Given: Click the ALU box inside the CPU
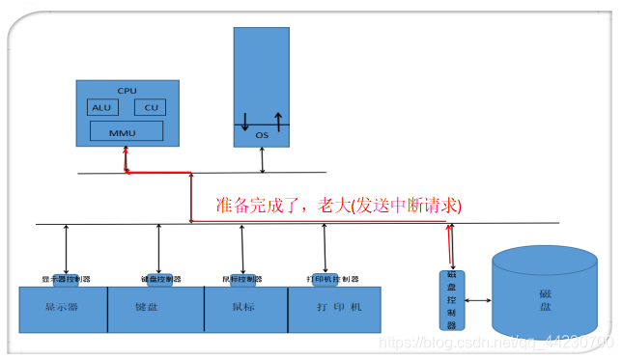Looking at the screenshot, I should click(x=100, y=107).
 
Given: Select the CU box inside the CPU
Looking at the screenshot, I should click(x=150, y=107).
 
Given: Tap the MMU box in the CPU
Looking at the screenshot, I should click(x=126, y=130).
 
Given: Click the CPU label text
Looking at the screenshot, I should click(x=127, y=90).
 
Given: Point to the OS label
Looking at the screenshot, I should click(x=262, y=135).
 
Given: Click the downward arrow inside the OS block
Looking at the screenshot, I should click(x=245, y=122).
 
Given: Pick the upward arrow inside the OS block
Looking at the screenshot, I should click(x=278, y=120).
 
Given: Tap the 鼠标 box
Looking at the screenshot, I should click(x=245, y=309).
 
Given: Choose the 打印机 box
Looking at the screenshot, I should click(x=334, y=309).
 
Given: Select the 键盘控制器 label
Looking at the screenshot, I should click(x=160, y=279).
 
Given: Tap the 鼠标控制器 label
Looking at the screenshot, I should click(x=243, y=279).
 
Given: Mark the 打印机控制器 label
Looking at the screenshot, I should click(x=332, y=279).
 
